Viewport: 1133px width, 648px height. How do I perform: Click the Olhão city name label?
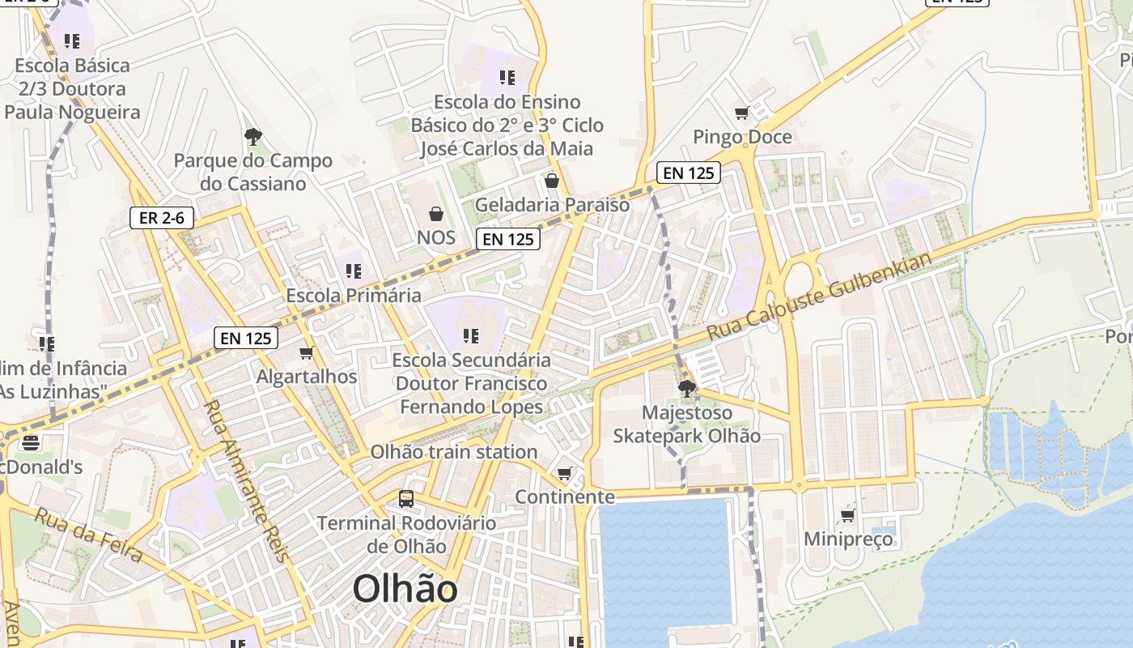coord(405,589)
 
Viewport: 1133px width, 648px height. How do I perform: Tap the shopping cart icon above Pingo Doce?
coord(741,113)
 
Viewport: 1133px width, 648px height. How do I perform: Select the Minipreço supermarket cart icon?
coord(847,515)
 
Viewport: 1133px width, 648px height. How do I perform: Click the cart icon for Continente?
coord(565,473)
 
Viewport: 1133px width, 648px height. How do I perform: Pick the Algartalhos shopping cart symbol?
coord(307,353)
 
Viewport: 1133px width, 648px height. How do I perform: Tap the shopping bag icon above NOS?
coord(436,214)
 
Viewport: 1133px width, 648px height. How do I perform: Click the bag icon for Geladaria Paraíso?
coord(552,181)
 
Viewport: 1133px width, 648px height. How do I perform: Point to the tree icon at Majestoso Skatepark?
coord(686,389)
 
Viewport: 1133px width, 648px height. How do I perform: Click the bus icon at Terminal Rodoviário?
coord(406,499)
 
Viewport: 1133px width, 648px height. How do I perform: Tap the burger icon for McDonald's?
coord(31,443)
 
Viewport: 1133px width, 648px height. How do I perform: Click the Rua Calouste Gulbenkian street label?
coord(819,296)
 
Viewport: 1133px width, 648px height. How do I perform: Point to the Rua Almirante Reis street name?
coord(245,481)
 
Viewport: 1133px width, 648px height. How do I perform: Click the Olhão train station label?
coord(454,452)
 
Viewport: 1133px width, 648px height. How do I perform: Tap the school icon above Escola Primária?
coord(354,271)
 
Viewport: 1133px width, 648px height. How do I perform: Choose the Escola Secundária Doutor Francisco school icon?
coord(471,335)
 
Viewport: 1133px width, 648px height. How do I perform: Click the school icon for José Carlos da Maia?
coord(507,78)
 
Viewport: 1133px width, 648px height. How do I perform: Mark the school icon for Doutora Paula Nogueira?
coord(72,40)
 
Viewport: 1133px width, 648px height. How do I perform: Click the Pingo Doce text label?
coord(742,137)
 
